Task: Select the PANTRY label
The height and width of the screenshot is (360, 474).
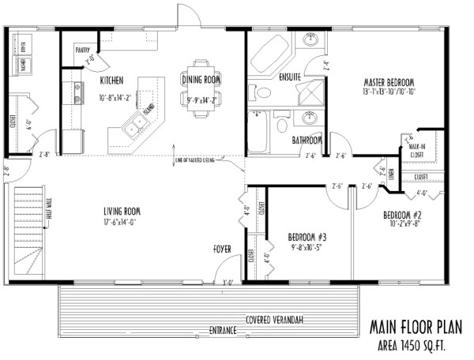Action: pyautogui.click(x=82, y=49)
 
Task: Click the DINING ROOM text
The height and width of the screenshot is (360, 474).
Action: pyautogui.click(x=201, y=80)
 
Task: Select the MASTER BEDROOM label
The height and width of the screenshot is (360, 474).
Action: pyautogui.click(x=389, y=82)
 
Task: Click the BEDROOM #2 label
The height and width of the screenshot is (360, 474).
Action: pyautogui.click(x=403, y=215)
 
